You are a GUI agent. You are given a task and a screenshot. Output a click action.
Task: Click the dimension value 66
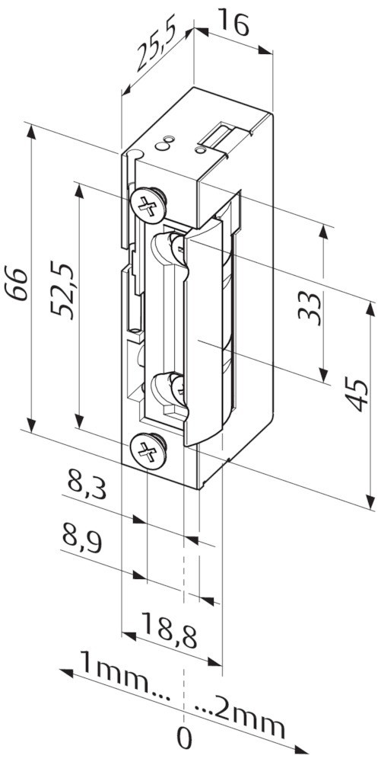[x=15, y=283]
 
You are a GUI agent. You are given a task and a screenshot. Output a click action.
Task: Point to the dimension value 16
[x=233, y=22]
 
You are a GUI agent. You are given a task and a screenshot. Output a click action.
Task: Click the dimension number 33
[x=310, y=308]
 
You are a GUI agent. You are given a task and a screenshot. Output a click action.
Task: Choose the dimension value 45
[x=358, y=394]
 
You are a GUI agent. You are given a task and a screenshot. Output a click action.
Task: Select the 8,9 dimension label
[x=82, y=539]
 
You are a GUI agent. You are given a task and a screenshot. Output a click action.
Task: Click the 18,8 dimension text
[x=170, y=630]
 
